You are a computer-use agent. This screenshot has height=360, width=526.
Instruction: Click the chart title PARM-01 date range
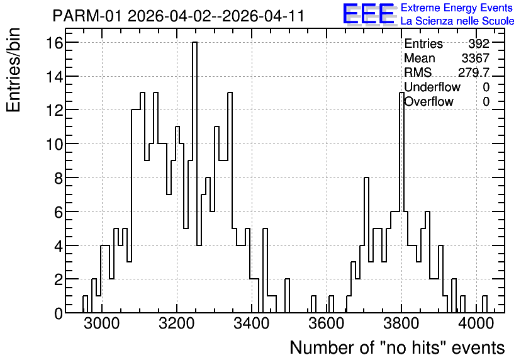[x=179, y=16]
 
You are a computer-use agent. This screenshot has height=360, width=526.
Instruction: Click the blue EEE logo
[x=369, y=14]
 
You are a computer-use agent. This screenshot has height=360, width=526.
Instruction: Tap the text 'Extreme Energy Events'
[x=457, y=8]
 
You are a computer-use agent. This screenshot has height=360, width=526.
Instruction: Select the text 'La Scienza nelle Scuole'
[x=457, y=21]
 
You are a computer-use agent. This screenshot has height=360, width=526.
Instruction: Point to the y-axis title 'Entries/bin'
[x=13, y=70]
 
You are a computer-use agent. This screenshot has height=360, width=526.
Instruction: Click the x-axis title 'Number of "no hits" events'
[x=397, y=347]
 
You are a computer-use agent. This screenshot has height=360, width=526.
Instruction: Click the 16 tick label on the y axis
[x=55, y=43]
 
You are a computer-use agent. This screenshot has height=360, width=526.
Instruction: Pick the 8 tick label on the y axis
[x=59, y=178]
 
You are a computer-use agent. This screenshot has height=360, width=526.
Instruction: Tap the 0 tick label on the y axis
[x=59, y=313]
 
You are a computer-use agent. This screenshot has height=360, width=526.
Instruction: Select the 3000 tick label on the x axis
[x=102, y=324]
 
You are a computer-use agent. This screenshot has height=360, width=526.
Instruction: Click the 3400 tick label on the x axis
[x=251, y=324]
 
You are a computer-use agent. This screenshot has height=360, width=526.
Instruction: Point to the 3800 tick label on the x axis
[x=401, y=324]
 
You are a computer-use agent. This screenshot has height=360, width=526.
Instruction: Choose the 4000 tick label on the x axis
[x=476, y=324]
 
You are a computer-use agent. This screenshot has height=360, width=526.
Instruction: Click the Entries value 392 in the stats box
[x=479, y=43]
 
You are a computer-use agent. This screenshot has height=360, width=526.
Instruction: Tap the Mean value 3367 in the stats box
[x=475, y=58]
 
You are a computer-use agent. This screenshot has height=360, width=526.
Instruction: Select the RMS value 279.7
[x=474, y=72]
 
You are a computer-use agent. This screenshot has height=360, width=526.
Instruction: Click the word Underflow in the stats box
[x=432, y=87]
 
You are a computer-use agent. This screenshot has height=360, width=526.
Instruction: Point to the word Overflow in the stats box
[x=428, y=102]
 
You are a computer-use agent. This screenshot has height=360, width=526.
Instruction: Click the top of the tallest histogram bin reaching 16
[x=194, y=42]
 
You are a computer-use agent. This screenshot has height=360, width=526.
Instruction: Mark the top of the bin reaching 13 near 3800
[x=401, y=93]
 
